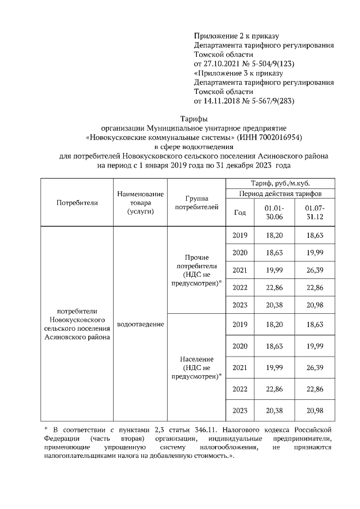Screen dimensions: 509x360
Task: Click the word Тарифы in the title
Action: click(x=193, y=119)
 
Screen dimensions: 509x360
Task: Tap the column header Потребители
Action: click(x=77, y=202)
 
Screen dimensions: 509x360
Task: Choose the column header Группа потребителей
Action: click(x=196, y=203)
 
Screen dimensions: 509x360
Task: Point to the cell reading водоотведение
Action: click(x=140, y=324)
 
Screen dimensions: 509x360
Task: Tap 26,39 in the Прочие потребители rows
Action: click(x=316, y=270)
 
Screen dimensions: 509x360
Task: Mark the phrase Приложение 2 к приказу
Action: click(x=236, y=36)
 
